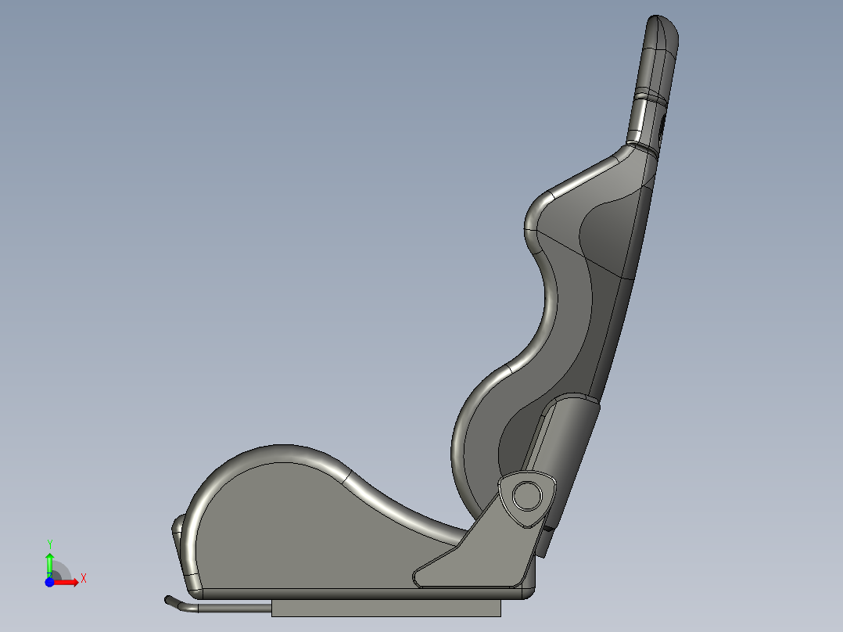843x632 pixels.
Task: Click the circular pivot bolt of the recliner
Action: [528, 495]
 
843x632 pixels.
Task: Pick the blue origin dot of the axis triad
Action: [49, 582]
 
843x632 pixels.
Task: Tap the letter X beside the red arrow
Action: [83, 578]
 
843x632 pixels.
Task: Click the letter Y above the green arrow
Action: [49, 544]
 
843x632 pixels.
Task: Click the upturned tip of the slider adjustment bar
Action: [168, 600]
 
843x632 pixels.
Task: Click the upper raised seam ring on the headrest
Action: [654, 95]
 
